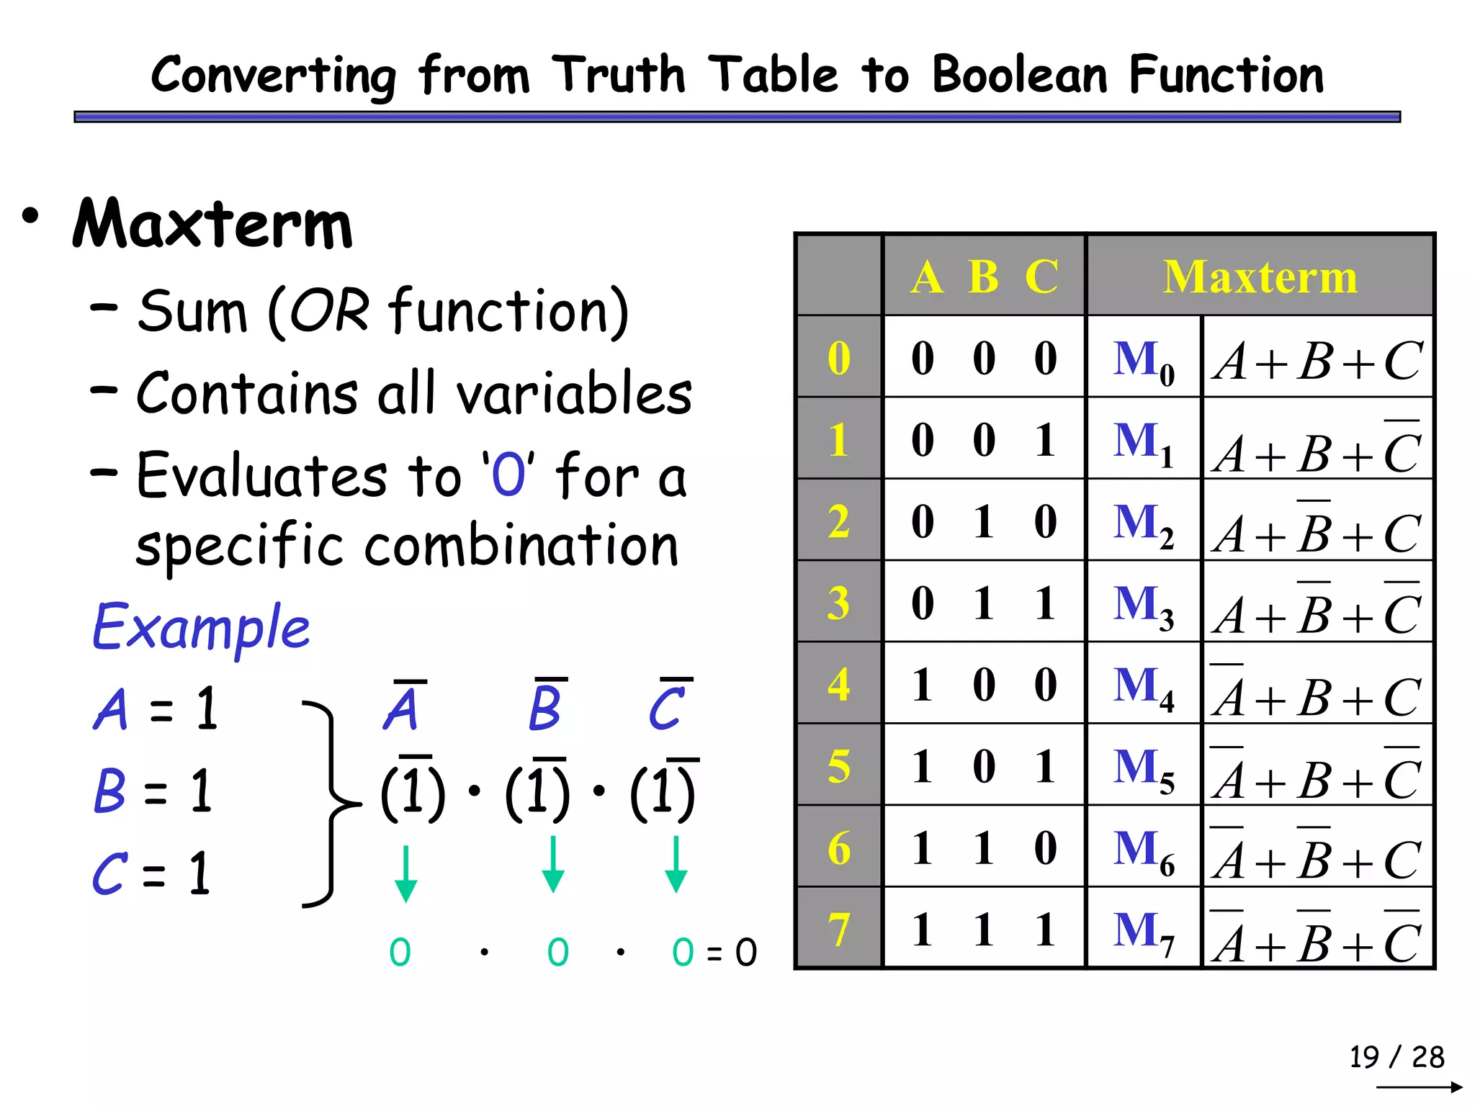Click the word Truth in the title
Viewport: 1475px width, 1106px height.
[x=619, y=75]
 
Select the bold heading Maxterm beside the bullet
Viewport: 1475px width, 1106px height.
[x=213, y=224]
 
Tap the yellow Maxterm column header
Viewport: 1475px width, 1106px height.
[x=1260, y=276]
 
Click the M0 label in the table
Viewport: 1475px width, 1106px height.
[x=1144, y=361]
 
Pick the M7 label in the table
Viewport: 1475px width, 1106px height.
[x=1144, y=932]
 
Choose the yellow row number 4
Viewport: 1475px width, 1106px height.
[x=839, y=684]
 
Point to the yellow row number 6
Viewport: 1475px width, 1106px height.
[x=839, y=848]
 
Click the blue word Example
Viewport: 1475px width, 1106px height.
[x=201, y=627]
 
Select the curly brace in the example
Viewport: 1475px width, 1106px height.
[x=331, y=803]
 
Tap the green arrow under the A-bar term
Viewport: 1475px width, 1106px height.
[x=406, y=873]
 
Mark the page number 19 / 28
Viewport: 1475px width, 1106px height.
[x=1396, y=1057]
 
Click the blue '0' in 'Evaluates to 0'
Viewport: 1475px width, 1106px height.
[x=508, y=475]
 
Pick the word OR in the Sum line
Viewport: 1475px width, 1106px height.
[x=329, y=312]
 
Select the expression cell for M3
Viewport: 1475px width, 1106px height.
[x=1317, y=603]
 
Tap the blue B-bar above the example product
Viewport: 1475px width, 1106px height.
[x=546, y=706]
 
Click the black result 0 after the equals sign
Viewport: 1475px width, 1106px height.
[x=746, y=953]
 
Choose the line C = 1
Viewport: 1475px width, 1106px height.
[x=152, y=873]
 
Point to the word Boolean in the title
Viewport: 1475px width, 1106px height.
[x=1020, y=75]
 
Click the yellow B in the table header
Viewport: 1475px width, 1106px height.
[x=984, y=276]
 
